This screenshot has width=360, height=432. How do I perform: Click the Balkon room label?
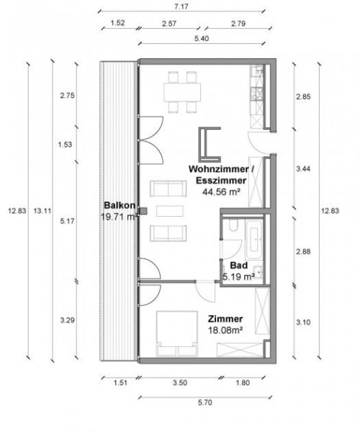(x=117, y=204)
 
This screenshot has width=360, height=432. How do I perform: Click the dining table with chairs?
(x=181, y=91)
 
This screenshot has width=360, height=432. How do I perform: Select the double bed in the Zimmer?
(x=176, y=333)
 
